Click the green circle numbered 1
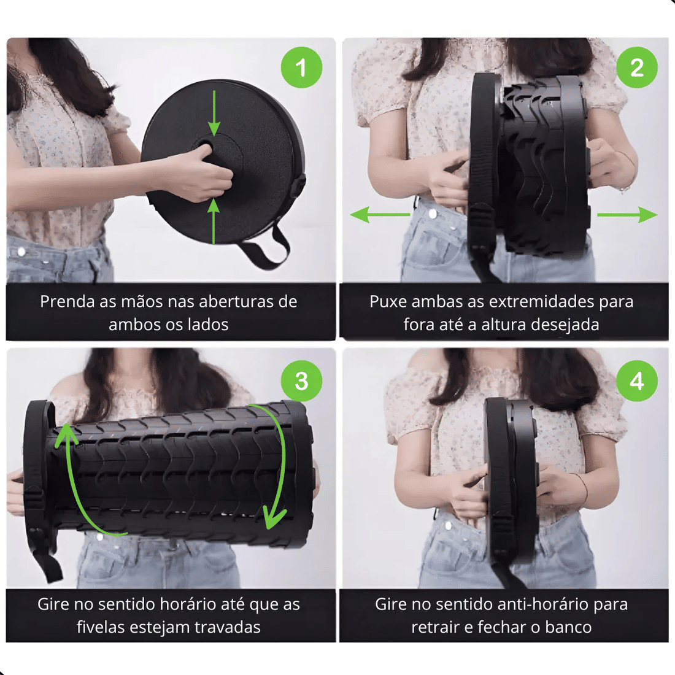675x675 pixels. point(301,67)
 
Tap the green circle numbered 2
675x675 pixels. point(637,67)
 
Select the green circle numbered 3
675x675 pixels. point(301,381)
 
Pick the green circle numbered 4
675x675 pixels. point(637,381)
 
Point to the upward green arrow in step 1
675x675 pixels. point(214,222)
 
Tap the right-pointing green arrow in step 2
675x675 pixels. point(627,214)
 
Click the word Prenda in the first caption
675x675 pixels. point(67,302)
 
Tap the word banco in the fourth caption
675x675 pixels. point(568,627)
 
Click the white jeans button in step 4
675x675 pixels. point(448,526)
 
